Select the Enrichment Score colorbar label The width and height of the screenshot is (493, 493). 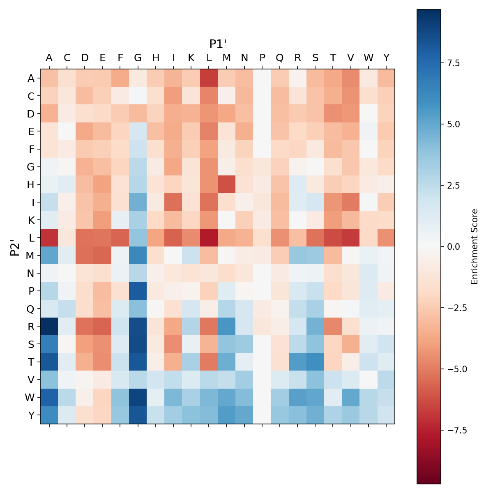coord(475,246)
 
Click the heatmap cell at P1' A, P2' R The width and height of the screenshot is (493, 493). coord(49,326)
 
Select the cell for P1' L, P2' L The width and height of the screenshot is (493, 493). coord(209,237)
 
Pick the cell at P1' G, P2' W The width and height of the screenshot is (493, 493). coord(138,397)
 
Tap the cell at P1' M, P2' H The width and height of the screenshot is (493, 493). coord(226,184)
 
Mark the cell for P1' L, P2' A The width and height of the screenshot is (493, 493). coord(209,78)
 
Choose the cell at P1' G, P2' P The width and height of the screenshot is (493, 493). coord(138,290)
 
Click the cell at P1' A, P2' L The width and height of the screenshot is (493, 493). coord(49,237)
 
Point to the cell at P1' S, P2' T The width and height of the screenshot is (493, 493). coord(315,361)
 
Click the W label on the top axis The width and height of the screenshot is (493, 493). coord(368,58)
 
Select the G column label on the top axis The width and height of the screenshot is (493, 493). coord(138,58)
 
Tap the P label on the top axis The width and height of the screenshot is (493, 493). coord(262,58)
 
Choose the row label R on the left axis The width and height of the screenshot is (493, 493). coord(31,326)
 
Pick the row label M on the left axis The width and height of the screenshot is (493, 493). coord(31,255)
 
